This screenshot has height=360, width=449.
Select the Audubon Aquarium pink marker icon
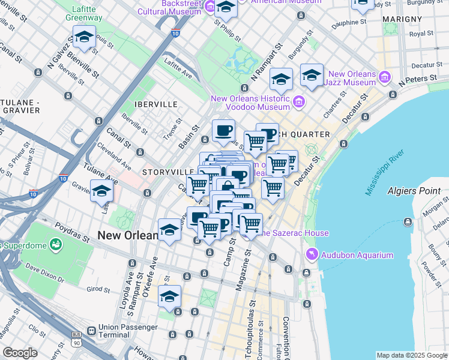pyautogui.click(x=312, y=255)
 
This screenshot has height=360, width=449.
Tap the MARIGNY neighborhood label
pyautogui.click(x=405, y=19)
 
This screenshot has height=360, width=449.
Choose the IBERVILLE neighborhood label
pyautogui.click(x=156, y=104)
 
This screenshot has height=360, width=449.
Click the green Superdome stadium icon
pyautogui.click(x=56, y=245)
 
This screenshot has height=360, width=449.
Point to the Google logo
pyautogui.click(x=20, y=353)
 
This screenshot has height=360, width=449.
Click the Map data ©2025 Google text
pyautogui.click(x=411, y=355)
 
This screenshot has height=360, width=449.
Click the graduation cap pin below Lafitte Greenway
pyautogui.click(x=84, y=38)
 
